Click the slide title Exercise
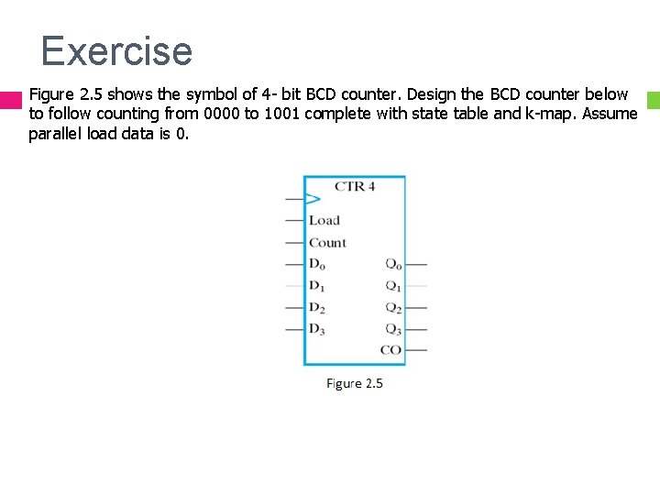116,51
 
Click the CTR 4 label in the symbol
354,187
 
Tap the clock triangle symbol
313,199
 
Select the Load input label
324,221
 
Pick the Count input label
327,243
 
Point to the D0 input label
317,265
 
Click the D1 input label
317,286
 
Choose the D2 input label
317,308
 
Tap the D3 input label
317,329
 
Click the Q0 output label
392,265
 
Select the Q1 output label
392,286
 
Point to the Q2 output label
392,308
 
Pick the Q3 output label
392,329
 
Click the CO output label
390,350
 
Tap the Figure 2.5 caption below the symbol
355,383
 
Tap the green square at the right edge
653,97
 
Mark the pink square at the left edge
10,101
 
